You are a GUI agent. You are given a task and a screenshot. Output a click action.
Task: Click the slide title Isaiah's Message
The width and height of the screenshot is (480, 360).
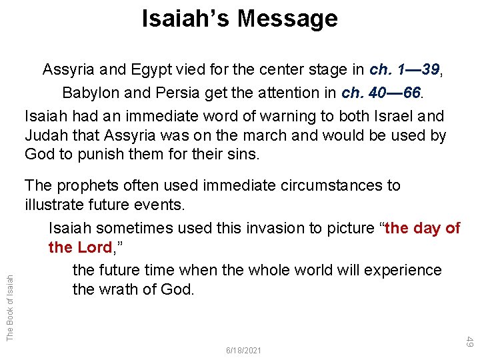[x=240, y=18]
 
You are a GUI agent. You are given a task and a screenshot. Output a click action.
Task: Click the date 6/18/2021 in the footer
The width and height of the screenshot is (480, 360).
[x=244, y=350]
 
